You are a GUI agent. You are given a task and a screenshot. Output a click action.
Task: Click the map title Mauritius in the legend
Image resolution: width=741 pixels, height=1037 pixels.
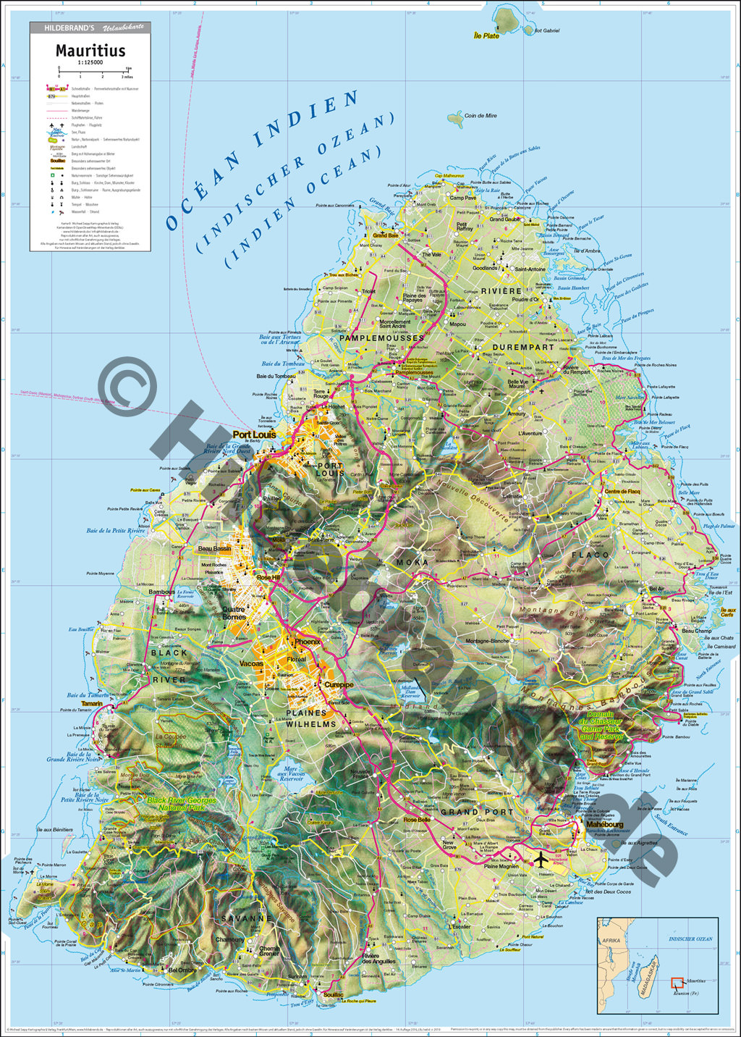pos(90,51)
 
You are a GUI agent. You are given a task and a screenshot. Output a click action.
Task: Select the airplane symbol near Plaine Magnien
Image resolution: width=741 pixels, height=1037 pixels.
pos(539,860)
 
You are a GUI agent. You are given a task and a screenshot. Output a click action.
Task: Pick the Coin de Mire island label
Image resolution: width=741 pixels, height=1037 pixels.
pos(480,116)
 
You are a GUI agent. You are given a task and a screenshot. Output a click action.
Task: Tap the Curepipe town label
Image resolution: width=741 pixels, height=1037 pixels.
pos(339,684)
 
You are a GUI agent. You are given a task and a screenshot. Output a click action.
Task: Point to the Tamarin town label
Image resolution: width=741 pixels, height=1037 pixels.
pos(92,704)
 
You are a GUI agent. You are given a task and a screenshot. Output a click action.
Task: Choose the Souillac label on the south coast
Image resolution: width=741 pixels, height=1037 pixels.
pos(334,995)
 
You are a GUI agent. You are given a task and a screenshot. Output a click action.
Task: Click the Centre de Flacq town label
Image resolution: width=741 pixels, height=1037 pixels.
pos(622,492)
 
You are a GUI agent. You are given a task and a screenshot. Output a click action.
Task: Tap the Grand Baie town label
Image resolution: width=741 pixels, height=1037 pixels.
pos(385,235)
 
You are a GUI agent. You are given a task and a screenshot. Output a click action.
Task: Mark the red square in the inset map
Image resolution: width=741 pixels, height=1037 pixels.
pos(677,983)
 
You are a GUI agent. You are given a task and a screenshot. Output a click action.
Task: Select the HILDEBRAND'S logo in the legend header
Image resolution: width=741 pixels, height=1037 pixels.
pos(69,28)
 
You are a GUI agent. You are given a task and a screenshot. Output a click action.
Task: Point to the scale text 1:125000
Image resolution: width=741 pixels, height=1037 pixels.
pos(90,63)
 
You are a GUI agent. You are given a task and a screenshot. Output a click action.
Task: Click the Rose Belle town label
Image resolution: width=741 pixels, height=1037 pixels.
pos(417,820)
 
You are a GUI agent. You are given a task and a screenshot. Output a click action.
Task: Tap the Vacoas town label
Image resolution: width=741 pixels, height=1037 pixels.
pos(251,663)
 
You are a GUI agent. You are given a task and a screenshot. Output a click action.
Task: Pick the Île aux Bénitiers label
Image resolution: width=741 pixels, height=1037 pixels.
pos(54,830)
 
